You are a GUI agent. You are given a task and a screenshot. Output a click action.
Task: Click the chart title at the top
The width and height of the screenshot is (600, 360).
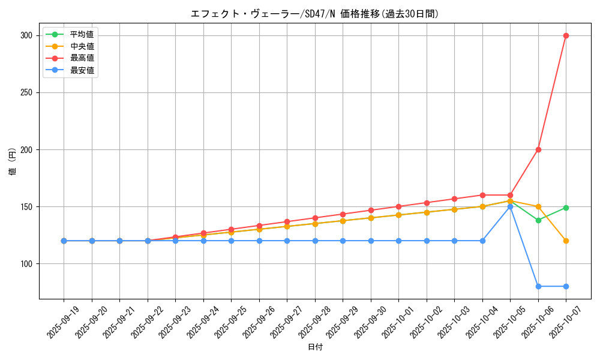(x=314, y=14)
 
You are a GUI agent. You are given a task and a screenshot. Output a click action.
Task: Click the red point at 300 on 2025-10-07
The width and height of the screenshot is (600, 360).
(x=566, y=35)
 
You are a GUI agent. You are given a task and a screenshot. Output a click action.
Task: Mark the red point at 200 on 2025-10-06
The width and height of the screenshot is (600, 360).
(x=538, y=149)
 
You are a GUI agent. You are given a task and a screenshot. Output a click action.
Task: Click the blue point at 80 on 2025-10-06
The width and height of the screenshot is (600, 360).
(x=538, y=286)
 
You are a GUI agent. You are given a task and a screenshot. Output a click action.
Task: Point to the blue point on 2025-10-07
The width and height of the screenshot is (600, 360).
(x=566, y=286)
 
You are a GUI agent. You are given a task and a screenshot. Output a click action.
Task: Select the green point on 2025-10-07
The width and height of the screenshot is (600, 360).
(x=566, y=208)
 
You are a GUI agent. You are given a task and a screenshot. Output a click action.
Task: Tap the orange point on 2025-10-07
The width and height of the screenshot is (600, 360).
(x=566, y=241)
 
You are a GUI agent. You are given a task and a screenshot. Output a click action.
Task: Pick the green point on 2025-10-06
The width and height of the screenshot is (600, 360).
(x=538, y=220)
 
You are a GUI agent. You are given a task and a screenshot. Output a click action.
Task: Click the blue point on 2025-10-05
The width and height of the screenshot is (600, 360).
(x=510, y=206)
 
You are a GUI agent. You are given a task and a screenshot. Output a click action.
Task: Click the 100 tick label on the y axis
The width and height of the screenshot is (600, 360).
(x=26, y=263)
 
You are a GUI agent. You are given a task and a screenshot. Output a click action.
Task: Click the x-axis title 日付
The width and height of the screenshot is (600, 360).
(x=314, y=347)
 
